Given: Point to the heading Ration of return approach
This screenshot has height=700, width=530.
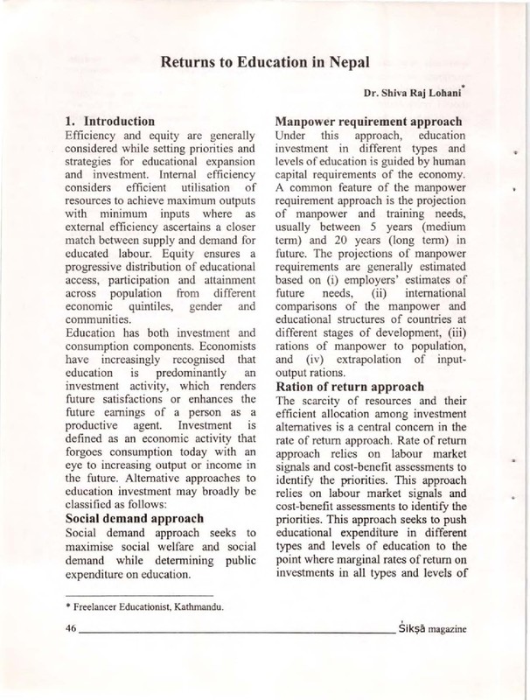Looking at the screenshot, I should tap(350, 387).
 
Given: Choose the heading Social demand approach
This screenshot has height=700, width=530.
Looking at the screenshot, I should tap(136, 518).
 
